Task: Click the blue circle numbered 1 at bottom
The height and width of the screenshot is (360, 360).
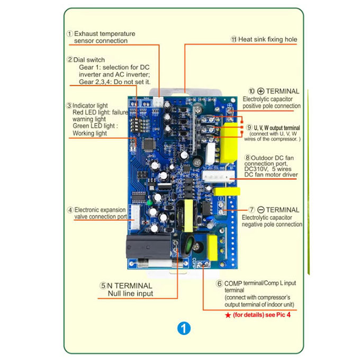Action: (x=184, y=328)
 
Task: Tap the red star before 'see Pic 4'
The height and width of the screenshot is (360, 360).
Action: (x=228, y=315)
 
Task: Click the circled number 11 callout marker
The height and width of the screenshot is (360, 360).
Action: (x=233, y=39)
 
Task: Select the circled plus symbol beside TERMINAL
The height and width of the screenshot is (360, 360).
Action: (x=260, y=91)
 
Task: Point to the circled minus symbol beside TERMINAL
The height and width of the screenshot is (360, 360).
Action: (x=261, y=210)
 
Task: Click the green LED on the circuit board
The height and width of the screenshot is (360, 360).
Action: (x=149, y=203)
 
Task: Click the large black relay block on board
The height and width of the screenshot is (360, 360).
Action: (x=148, y=246)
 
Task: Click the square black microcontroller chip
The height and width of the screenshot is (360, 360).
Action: (x=149, y=145)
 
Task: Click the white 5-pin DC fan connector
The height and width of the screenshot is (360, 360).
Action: (x=218, y=176)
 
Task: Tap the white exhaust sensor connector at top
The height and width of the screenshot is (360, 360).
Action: (x=158, y=102)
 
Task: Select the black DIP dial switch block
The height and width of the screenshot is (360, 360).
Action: (x=135, y=125)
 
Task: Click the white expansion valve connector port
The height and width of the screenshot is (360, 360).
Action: (x=135, y=217)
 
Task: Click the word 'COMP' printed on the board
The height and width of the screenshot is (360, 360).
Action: (x=194, y=263)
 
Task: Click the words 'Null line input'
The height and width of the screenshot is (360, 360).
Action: (x=130, y=293)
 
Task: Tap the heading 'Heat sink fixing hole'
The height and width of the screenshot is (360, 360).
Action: (x=268, y=39)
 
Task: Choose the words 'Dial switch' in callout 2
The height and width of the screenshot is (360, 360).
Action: (x=89, y=60)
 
